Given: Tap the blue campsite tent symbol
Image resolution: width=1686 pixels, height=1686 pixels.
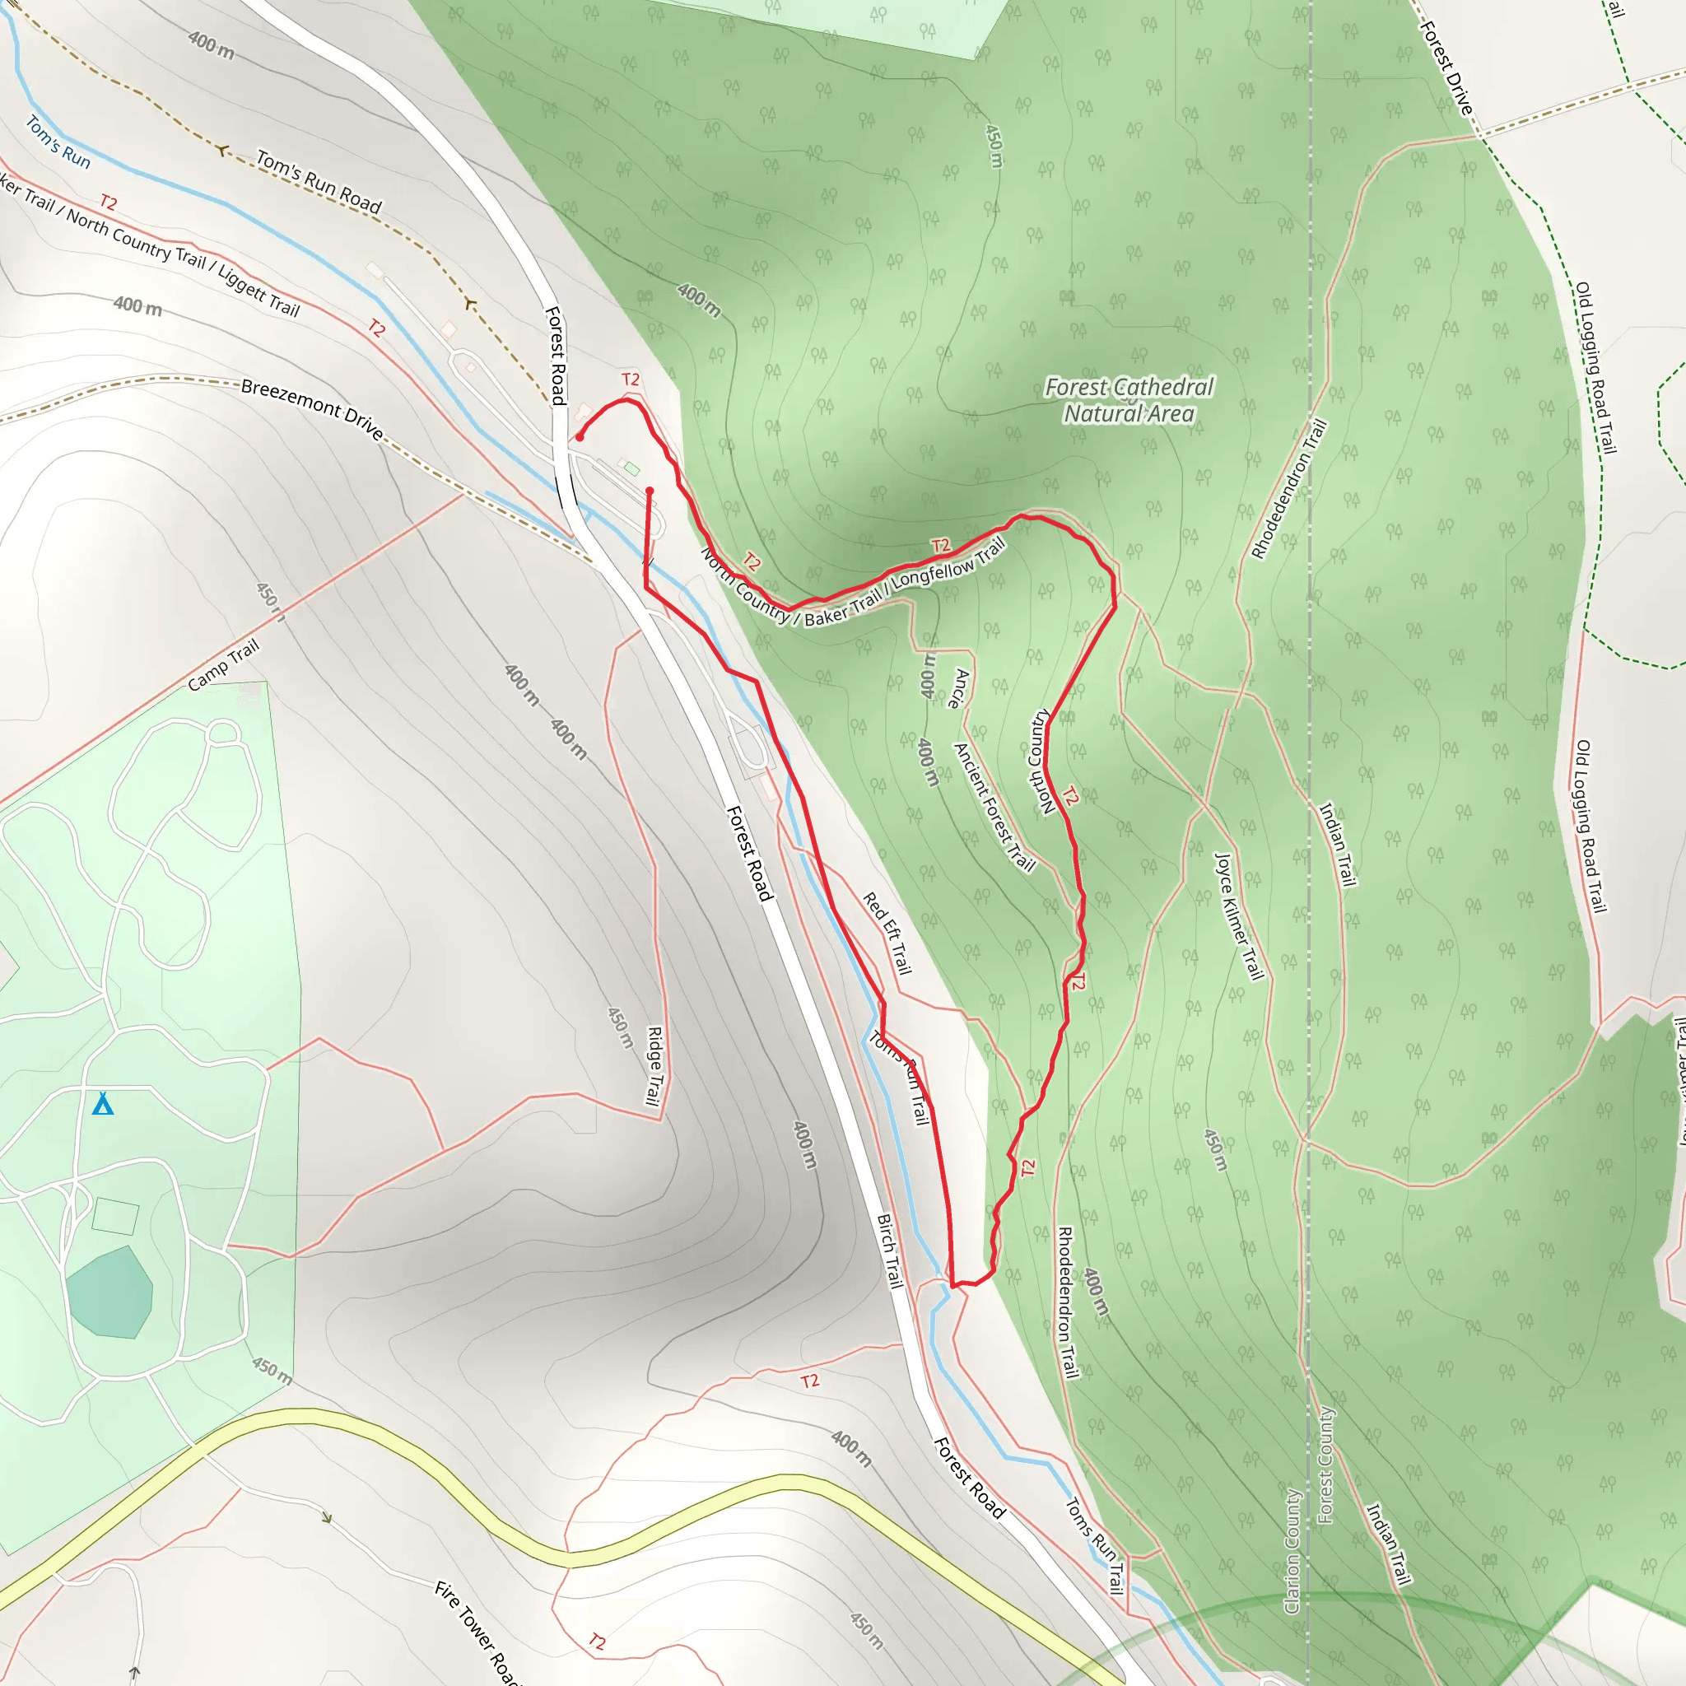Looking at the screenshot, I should [103, 1105].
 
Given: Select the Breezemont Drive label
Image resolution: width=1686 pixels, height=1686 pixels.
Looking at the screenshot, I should [311, 408].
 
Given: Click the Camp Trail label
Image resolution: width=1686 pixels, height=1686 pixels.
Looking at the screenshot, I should [224, 665].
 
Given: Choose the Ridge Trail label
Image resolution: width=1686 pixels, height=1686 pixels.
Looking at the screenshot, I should [654, 1065].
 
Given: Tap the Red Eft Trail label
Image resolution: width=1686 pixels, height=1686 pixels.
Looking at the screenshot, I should [887, 933].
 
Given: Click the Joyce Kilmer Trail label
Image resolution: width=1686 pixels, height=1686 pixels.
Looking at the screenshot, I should [1239, 916].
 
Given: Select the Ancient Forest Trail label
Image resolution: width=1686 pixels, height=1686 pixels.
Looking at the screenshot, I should [994, 808].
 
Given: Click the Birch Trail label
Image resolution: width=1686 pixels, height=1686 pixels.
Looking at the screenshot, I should [888, 1251].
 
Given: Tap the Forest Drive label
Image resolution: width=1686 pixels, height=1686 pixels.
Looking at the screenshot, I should [1447, 68].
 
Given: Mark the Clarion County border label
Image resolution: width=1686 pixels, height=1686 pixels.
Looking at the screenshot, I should [1292, 1551].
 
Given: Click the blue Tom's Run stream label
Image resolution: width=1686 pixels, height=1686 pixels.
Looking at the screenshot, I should [58, 142].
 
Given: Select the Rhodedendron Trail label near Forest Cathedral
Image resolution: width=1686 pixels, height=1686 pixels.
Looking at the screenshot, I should [1289, 489].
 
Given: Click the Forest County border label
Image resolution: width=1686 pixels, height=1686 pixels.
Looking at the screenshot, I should [1325, 1466].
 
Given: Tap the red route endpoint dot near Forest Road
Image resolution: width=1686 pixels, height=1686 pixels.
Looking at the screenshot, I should [580, 437].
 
